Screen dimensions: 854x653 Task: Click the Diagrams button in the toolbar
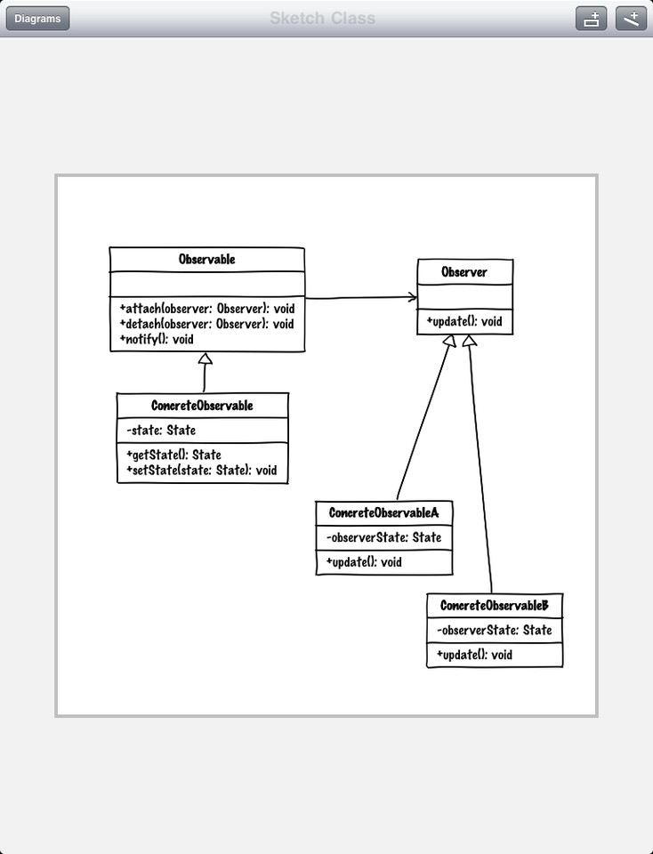(37, 19)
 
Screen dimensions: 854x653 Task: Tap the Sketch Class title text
(323, 19)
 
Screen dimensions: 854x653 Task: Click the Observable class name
(206, 260)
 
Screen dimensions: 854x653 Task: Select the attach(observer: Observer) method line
(206, 309)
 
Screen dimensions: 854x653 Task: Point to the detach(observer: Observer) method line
(206, 324)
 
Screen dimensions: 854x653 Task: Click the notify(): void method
(157, 339)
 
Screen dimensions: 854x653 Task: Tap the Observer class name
(464, 272)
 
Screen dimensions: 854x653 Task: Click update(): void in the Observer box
(464, 321)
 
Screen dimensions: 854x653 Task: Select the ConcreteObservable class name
(202, 406)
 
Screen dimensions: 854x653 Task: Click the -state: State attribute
(161, 431)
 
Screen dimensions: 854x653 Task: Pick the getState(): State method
(174, 455)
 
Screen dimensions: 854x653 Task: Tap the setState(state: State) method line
(202, 471)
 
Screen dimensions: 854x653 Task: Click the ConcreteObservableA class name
(383, 513)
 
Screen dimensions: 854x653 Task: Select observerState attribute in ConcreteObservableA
(383, 537)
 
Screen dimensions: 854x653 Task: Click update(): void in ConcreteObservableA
(364, 562)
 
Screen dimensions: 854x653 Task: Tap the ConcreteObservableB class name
(494, 606)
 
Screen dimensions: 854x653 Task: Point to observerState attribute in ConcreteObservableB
(494, 630)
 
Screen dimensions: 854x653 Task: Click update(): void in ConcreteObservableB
(474, 655)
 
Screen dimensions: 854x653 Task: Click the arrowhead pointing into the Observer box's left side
(412, 296)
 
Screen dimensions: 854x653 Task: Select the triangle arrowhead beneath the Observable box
(205, 359)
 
